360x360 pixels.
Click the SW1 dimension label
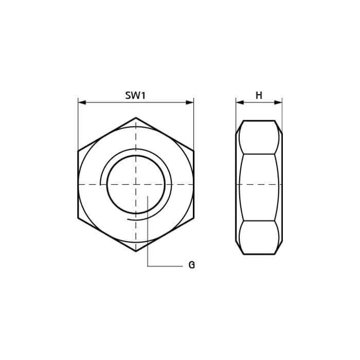point(135,95)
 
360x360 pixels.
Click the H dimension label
point(259,95)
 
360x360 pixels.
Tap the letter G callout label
point(191,265)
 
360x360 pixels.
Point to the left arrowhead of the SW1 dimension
point(82,102)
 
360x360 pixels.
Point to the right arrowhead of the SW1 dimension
point(190,102)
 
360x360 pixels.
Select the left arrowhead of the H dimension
point(240,102)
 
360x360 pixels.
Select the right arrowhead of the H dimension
point(278,102)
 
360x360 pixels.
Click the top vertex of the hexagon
point(136,118)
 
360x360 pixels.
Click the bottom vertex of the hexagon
point(136,251)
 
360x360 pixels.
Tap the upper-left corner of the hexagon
point(78,151)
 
